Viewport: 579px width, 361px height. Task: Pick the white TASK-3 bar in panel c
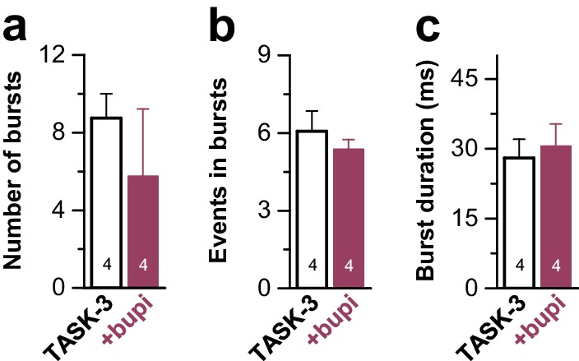(518, 222)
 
